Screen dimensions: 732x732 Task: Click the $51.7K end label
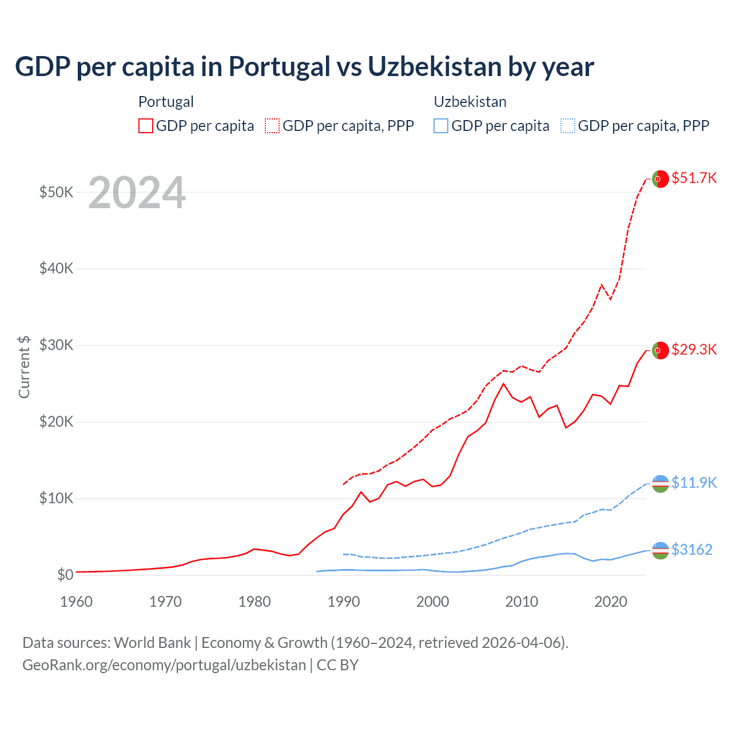[694, 178]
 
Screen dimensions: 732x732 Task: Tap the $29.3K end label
[694, 349]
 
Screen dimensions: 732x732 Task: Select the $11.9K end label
[694, 483]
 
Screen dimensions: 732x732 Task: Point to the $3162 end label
[692, 550]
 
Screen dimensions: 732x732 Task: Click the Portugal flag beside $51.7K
[660, 179]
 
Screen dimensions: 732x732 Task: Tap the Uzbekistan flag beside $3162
[660, 550]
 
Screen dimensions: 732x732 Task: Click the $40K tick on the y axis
[56, 268]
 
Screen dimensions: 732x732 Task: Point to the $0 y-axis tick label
[65, 575]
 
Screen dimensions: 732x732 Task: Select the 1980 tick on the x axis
[254, 602]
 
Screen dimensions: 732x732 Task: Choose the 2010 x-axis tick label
[522, 602]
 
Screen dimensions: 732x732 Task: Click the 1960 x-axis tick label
[77, 602]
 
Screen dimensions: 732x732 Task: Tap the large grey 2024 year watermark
[137, 193]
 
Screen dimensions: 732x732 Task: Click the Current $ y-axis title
[24, 367]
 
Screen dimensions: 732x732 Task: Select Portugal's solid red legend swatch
[146, 126]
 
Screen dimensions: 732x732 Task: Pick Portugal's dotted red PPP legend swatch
[272, 126]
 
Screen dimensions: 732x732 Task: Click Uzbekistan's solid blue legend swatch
[441, 126]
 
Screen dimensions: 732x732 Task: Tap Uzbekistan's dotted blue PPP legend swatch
[568, 126]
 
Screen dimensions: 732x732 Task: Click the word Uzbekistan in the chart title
[434, 66]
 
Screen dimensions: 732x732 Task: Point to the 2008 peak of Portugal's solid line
[503, 384]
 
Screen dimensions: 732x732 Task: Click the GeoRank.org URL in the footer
[164, 665]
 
